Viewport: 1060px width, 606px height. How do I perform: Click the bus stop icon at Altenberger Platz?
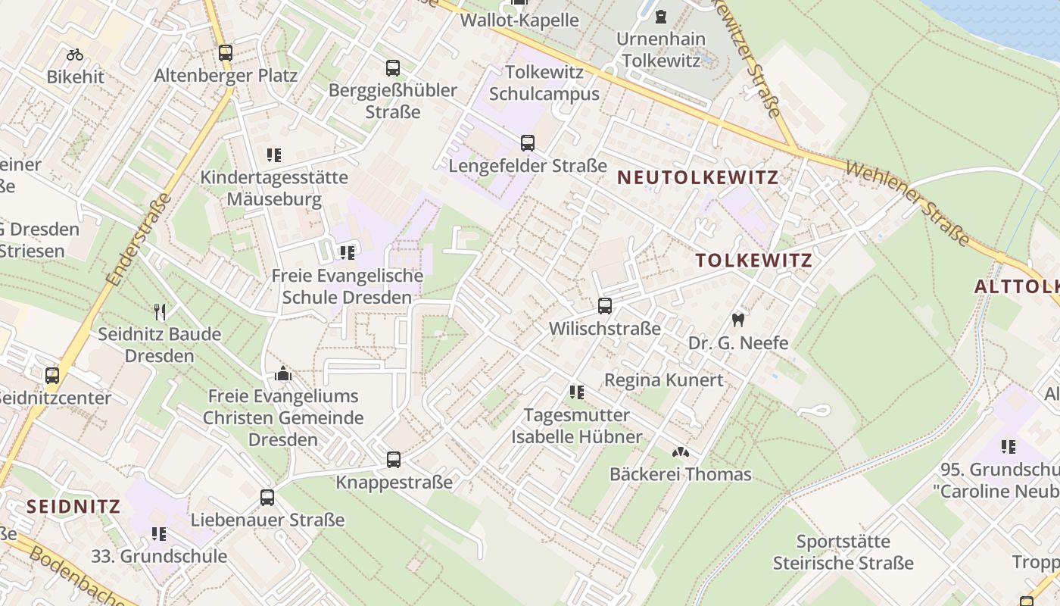[226, 53]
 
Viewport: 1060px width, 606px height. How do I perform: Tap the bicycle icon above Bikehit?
[74, 55]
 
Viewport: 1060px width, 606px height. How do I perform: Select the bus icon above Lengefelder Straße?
[528, 142]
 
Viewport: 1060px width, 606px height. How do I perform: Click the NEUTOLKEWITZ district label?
[698, 177]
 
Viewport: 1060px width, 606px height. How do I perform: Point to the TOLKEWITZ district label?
[753, 261]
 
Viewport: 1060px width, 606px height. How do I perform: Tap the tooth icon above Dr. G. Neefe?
[738, 320]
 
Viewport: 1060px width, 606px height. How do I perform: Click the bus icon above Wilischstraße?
[604, 306]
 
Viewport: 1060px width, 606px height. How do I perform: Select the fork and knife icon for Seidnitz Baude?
[160, 311]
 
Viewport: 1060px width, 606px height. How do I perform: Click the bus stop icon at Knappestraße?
[394, 459]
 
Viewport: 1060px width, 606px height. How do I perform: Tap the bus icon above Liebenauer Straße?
[267, 498]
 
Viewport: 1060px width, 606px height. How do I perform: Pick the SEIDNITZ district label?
[73, 506]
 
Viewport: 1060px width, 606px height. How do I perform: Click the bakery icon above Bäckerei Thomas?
[680, 452]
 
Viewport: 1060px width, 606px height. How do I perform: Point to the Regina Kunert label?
[664, 380]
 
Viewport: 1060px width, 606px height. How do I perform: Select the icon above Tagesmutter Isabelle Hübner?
[577, 392]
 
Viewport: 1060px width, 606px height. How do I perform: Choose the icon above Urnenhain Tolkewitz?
[661, 16]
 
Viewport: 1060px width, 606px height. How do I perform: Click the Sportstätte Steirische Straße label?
[843, 552]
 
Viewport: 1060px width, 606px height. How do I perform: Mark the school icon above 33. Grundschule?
[159, 534]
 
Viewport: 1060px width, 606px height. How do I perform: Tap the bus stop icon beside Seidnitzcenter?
[52, 375]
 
